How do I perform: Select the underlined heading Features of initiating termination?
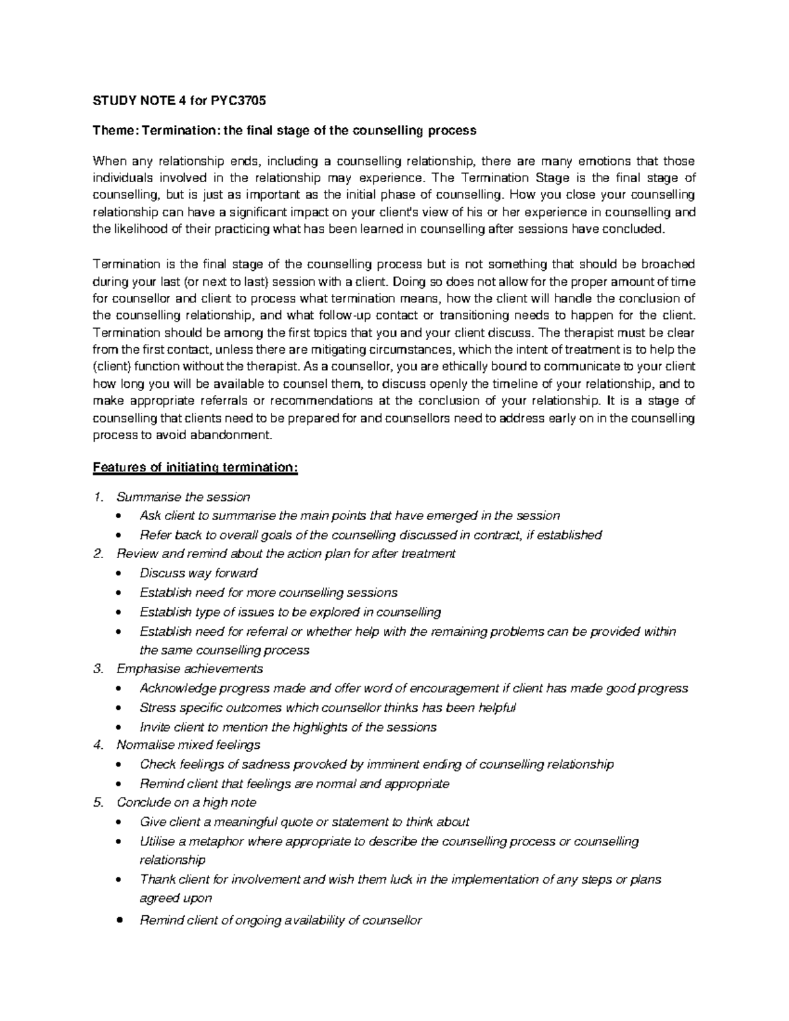(195, 467)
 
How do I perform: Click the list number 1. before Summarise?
(99, 497)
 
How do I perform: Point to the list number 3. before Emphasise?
(99, 669)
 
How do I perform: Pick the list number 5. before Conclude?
(99, 802)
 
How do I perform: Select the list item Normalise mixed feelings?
(188, 745)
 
